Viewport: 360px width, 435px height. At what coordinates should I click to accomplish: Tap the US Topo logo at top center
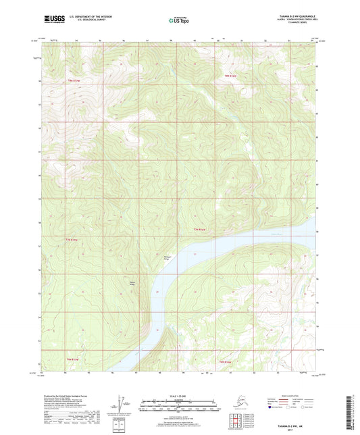pyautogui.click(x=179, y=21)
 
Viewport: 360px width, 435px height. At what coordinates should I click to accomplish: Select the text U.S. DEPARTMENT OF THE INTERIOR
pyautogui.click(x=88, y=16)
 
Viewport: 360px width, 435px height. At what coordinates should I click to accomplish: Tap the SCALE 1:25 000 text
pyautogui.click(x=179, y=396)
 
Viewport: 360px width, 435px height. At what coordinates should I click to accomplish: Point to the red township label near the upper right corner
pyautogui.click(x=230, y=76)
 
